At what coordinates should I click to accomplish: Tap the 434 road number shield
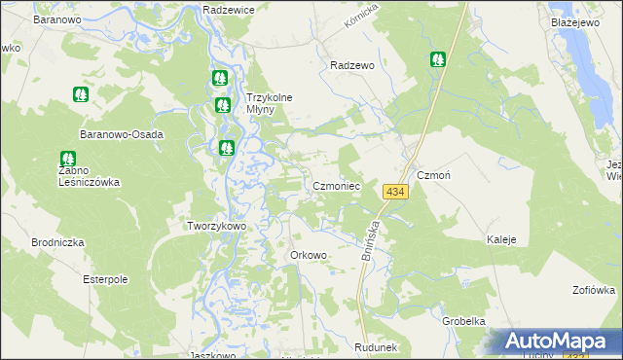coord(394,193)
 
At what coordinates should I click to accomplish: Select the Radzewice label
coord(229,9)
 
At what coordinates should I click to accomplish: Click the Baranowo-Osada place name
coord(123,134)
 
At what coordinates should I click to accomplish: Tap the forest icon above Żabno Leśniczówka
coord(67,158)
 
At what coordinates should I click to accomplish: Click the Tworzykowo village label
coord(216,225)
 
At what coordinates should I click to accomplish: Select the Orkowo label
coord(308,255)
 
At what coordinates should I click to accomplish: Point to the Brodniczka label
coord(58,242)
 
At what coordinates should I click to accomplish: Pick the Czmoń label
coord(431,175)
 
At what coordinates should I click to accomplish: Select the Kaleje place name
coord(501,239)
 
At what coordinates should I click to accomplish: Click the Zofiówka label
coord(594,289)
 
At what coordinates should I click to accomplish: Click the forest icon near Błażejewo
coord(438,59)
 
